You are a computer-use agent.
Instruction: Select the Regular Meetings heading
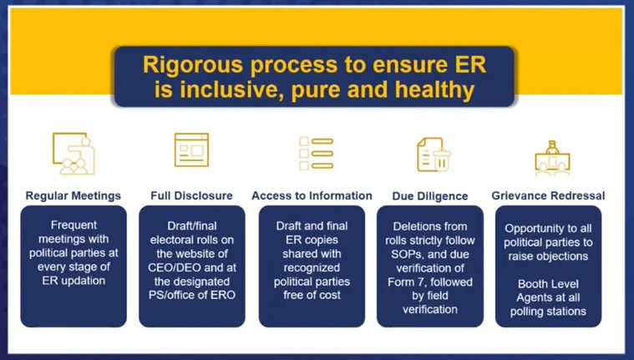coord(74,195)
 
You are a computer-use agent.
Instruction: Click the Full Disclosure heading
coord(191,195)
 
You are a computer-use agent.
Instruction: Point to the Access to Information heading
coord(312,195)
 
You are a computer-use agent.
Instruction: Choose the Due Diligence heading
coord(430,196)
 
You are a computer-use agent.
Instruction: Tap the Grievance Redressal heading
coord(548,195)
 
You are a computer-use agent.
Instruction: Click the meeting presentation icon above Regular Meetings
coord(74,154)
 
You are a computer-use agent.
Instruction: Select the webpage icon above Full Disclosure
coord(191,150)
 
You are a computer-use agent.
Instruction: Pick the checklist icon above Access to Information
coord(317,154)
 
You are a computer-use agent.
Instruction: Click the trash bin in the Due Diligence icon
coord(442,160)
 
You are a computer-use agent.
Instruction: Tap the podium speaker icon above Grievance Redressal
coord(552,158)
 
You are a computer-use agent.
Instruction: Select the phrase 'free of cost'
coord(312,296)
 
